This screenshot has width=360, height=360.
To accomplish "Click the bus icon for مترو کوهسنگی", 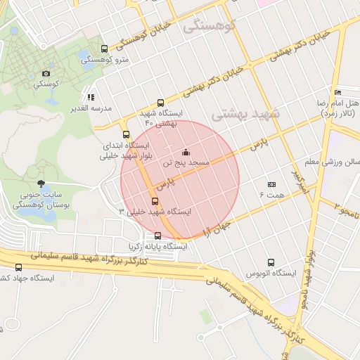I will click(x=105, y=49).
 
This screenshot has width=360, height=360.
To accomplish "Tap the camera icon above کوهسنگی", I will click(x=46, y=73).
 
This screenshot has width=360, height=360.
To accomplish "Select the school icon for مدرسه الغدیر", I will click(x=91, y=97).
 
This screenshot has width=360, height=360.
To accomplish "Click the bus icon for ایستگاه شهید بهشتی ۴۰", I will click(x=161, y=103).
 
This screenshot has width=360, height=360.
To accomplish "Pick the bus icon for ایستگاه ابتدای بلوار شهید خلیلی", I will click(x=126, y=134).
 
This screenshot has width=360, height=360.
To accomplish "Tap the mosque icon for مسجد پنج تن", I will click(x=186, y=152).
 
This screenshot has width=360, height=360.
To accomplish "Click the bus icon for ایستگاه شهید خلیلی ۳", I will click(x=155, y=201).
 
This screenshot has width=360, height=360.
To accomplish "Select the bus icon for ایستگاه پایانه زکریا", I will click(x=157, y=236).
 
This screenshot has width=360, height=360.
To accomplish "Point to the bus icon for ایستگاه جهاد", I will click(x=18, y=267).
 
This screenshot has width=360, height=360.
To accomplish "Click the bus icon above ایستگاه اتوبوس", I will click(x=271, y=262).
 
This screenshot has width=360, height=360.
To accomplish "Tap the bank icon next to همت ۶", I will click(x=272, y=184).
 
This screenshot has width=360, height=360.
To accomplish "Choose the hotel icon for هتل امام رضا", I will click(x=338, y=92).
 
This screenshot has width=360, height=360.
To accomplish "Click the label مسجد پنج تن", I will click(x=186, y=162).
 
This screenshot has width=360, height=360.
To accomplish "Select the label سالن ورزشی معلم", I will click(x=339, y=162).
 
